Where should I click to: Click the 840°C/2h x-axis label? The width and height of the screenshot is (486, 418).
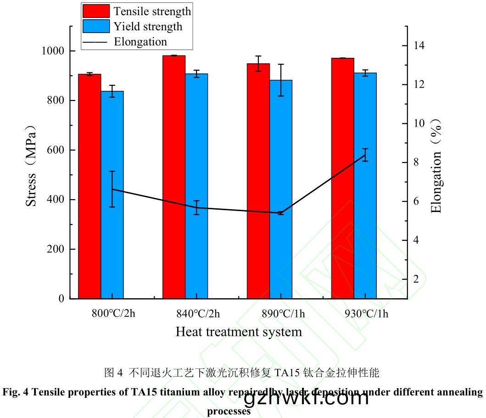[x=198, y=314]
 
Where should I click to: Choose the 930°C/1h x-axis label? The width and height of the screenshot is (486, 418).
[x=366, y=314]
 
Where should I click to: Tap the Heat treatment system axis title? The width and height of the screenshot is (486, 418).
[x=239, y=332]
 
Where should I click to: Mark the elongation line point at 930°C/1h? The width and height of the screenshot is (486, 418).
[x=365, y=156]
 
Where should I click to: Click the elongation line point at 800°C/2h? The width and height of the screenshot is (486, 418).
[x=112, y=189]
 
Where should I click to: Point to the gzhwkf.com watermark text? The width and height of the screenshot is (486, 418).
[x=307, y=398]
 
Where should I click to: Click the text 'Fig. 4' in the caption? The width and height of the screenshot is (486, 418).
[x=14, y=392]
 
